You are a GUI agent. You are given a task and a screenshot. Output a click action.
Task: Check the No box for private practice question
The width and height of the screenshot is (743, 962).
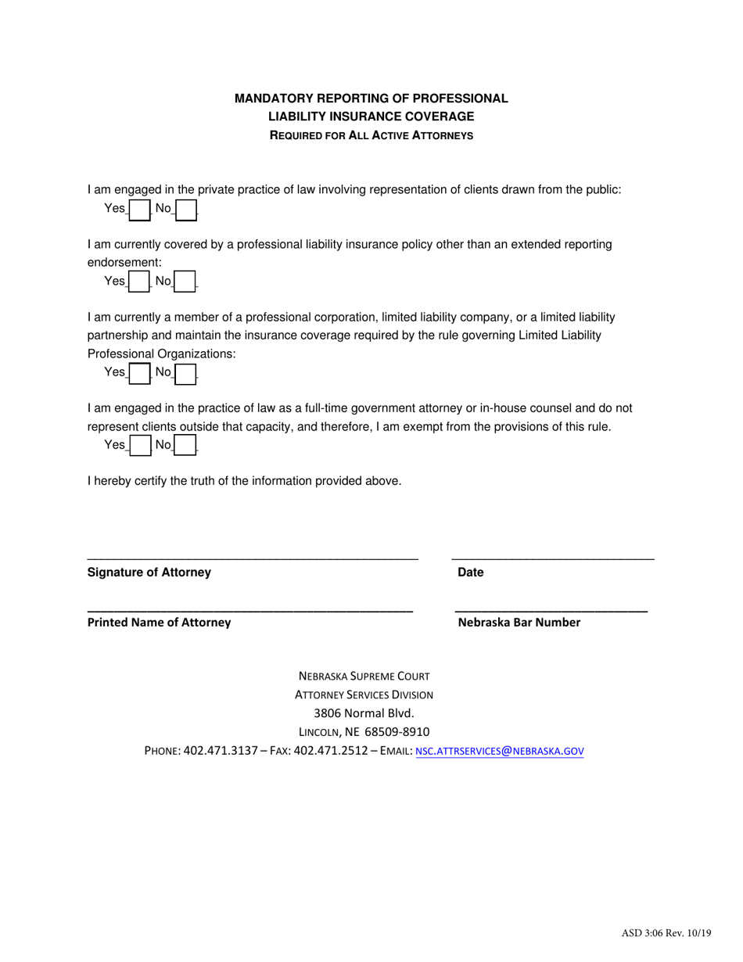coord(185,210)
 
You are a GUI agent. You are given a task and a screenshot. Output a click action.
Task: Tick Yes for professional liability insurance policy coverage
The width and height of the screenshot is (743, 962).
coord(138,282)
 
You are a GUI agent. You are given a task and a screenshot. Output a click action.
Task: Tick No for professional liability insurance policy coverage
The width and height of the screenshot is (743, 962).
coord(185,282)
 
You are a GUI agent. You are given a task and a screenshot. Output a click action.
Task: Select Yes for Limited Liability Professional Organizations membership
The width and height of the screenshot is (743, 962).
coord(138,373)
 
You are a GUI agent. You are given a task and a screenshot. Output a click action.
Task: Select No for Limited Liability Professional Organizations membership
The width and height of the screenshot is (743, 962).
coord(185,373)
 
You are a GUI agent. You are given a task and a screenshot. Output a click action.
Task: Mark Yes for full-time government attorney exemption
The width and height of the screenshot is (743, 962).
coord(138,445)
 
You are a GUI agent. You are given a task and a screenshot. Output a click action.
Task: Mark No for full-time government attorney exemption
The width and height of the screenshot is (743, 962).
coord(185,445)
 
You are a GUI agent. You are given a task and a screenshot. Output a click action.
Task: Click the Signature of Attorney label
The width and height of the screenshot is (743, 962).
coord(149,573)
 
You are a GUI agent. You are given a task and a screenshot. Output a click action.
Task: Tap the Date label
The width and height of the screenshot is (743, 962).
coord(471,573)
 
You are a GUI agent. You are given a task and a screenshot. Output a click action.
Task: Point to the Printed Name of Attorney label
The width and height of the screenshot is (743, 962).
coord(159,623)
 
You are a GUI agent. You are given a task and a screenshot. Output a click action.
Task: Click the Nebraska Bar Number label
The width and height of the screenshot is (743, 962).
coord(519,623)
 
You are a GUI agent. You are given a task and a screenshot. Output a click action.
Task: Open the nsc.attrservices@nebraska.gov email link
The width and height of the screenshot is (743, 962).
coord(499,751)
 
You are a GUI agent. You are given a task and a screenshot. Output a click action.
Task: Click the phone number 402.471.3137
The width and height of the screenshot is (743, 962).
coord(220,751)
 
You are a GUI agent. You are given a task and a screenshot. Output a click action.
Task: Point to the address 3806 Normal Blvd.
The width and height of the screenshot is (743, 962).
coord(363,713)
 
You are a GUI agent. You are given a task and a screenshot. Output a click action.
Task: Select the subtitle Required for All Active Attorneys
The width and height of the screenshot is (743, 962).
coord(371,135)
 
